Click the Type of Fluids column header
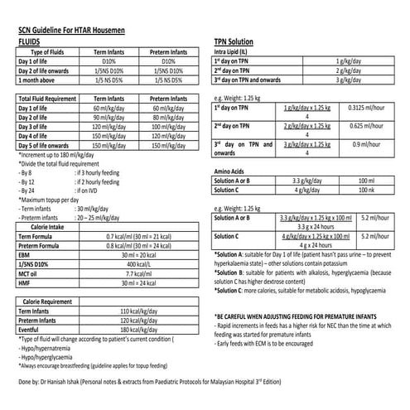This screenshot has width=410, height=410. [41, 52]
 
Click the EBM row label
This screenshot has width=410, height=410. [26, 254]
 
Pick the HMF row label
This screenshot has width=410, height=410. [26, 283]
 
